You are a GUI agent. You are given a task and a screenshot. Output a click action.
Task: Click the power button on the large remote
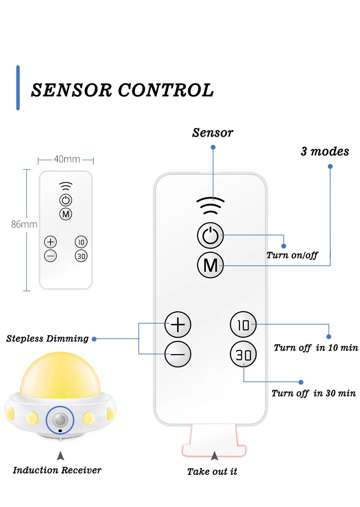coord(210,235)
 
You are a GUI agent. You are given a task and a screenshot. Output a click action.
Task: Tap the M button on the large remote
coord(210,265)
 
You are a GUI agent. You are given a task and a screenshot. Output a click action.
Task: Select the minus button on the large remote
coord(178,354)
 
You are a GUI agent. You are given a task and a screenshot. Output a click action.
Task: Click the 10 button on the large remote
coord(243,325)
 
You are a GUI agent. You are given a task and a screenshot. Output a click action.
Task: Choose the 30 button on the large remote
coord(243,354)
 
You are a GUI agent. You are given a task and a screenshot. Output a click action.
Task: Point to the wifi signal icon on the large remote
coord(211,206)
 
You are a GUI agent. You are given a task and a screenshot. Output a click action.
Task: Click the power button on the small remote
coord(66,200)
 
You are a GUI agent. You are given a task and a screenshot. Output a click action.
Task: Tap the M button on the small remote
coord(66,214)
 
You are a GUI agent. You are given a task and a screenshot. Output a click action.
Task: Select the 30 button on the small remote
coord(81,256)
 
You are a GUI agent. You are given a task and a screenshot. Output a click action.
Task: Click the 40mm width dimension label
coord(67,159)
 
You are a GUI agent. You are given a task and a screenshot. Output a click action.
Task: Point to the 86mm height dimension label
coord(24,224)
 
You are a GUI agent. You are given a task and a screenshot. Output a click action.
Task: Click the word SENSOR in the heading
coord(72,90)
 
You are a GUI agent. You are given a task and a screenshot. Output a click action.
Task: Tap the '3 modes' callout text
coord(325,151)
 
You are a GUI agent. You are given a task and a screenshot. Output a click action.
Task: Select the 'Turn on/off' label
coord(292,255)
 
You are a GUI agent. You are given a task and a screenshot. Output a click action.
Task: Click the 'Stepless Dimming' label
coord(47,339)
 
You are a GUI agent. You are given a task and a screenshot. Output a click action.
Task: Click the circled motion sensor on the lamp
coord(60,420)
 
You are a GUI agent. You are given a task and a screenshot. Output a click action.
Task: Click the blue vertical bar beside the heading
coord(18,88)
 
